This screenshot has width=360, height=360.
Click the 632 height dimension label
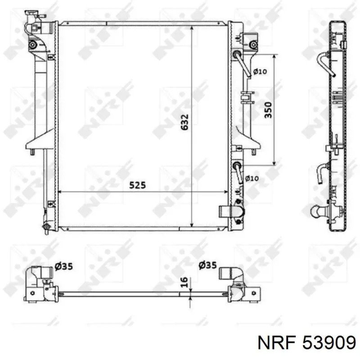(184, 122)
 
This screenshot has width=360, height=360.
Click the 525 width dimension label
(137, 185)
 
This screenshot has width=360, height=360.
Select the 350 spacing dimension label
(268, 110)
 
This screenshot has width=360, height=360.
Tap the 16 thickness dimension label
(184, 282)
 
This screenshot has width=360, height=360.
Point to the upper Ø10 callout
(260, 72)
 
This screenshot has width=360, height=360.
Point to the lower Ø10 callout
(252, 178)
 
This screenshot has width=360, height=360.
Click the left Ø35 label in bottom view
(64, 266)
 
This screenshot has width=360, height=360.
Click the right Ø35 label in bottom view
(207, 265)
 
